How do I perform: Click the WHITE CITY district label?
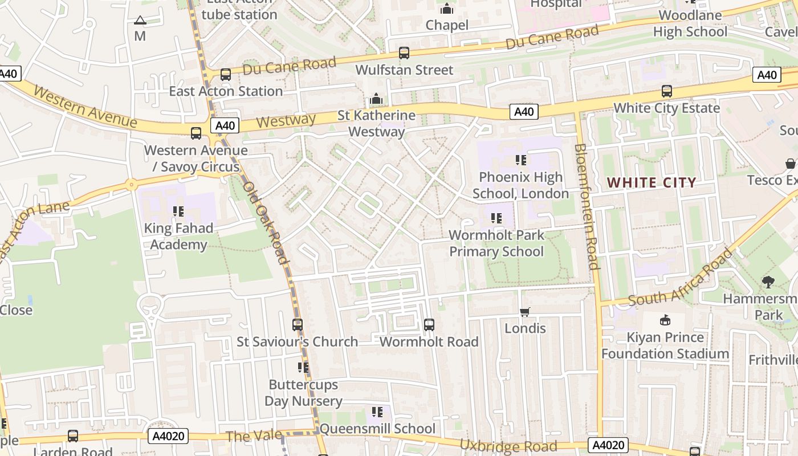pos(652,183)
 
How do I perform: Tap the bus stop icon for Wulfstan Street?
pos(404,53)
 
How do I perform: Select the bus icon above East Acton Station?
pos(226,75)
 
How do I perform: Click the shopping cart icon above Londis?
pos(525,312)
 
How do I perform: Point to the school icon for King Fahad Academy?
pos(178,211)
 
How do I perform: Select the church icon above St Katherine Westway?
pos(376,99)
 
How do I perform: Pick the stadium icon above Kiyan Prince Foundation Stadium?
pos(665,320)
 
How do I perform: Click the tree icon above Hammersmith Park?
pos(768,282)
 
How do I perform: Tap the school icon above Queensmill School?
pos(377,412)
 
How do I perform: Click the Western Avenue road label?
pos(85,107)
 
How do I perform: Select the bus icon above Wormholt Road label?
pos(429,325)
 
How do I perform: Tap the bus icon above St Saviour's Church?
pos(298,325)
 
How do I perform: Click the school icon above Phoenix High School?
pos(520,160)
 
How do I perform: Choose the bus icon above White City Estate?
pos(666,91)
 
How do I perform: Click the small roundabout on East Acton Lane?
pos(132,184)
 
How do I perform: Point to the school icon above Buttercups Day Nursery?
pos(303,368)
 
